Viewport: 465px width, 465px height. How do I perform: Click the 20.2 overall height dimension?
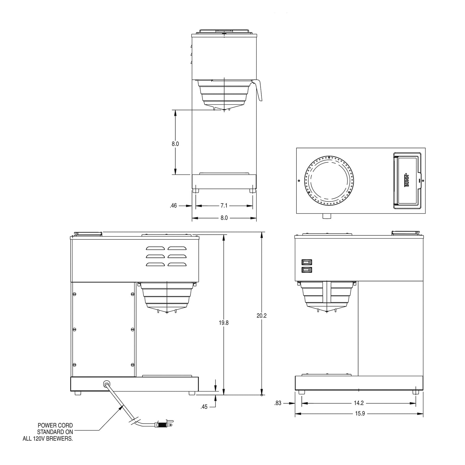pos(262,316)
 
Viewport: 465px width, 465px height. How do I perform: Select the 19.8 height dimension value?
pos(224,323)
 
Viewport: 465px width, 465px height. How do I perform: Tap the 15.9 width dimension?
pos(360,414)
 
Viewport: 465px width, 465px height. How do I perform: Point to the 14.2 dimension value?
pos(359,403)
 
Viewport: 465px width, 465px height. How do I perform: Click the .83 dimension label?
pos(278,403)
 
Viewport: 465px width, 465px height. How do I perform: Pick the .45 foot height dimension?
pos(204,407)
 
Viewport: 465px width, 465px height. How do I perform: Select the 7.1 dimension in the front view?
pos(224,206)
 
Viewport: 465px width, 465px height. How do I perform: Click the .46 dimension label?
pos(173,206)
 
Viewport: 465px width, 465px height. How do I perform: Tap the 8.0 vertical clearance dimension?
pos(175,144)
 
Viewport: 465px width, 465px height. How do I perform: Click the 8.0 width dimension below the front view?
pos(224,218)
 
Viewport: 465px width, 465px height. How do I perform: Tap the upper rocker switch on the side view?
pos(307,262)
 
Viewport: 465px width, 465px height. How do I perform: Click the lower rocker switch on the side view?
pos(307,270)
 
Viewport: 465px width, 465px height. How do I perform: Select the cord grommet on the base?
pos(106,384)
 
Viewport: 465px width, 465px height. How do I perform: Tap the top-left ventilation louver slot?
pos(155,248)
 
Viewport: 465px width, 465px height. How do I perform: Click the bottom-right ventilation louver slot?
pos(177,264)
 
